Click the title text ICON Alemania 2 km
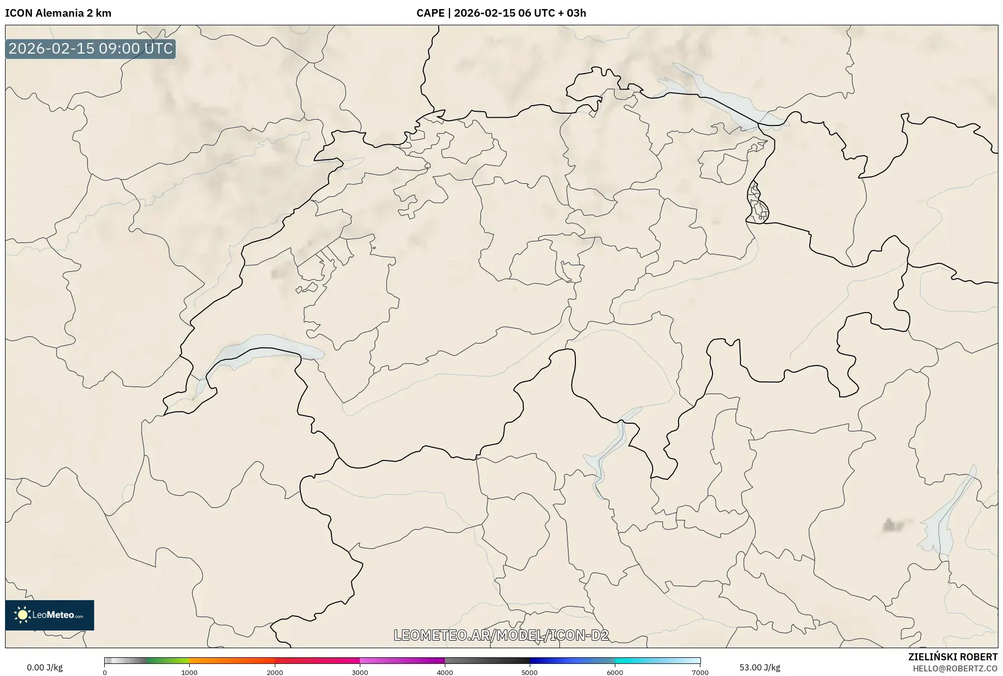[58, 13]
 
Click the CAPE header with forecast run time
[501, 13]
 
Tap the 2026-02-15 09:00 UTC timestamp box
[91, 49]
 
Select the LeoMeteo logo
[50, 615]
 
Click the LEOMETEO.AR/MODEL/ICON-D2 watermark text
[501, 635]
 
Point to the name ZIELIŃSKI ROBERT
[953, 657]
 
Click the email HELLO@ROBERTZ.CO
[955, 668]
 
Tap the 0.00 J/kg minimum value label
[45, 667]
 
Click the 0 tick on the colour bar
[105, 672]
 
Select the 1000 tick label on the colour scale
[189, 672]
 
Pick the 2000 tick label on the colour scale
[275, 672]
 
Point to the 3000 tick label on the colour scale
[360, 672]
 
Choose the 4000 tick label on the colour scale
[445, 672]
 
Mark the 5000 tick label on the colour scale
[529, 672]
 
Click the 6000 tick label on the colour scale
[615, 672]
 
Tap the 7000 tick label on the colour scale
[700, 672]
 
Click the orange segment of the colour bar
[223, 661]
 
